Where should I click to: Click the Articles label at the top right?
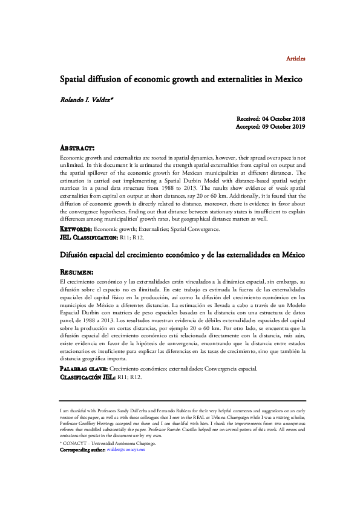pos(295,59)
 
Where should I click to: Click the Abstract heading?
pos(77,148)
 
